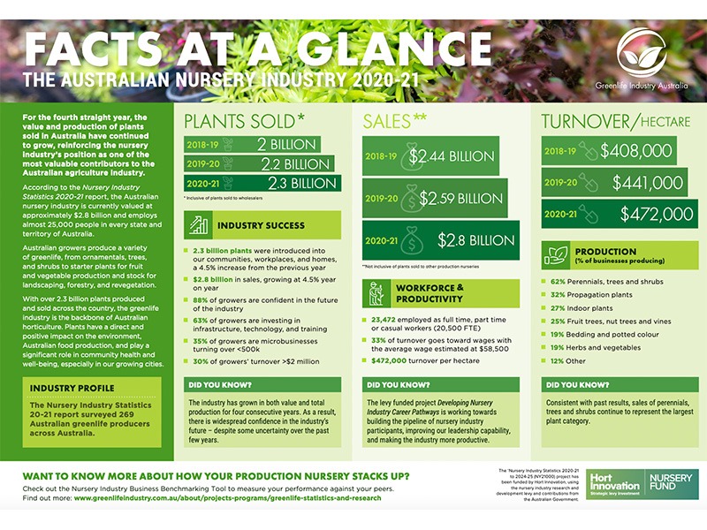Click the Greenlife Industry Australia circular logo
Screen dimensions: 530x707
coord(642,52)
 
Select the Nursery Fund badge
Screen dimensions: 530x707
coord(669,483)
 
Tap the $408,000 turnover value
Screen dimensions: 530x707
coord(635,150)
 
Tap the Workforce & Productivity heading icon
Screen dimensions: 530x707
coord(375,292)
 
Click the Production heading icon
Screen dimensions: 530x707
coord(555,255)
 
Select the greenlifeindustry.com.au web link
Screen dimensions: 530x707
coord(227,497)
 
